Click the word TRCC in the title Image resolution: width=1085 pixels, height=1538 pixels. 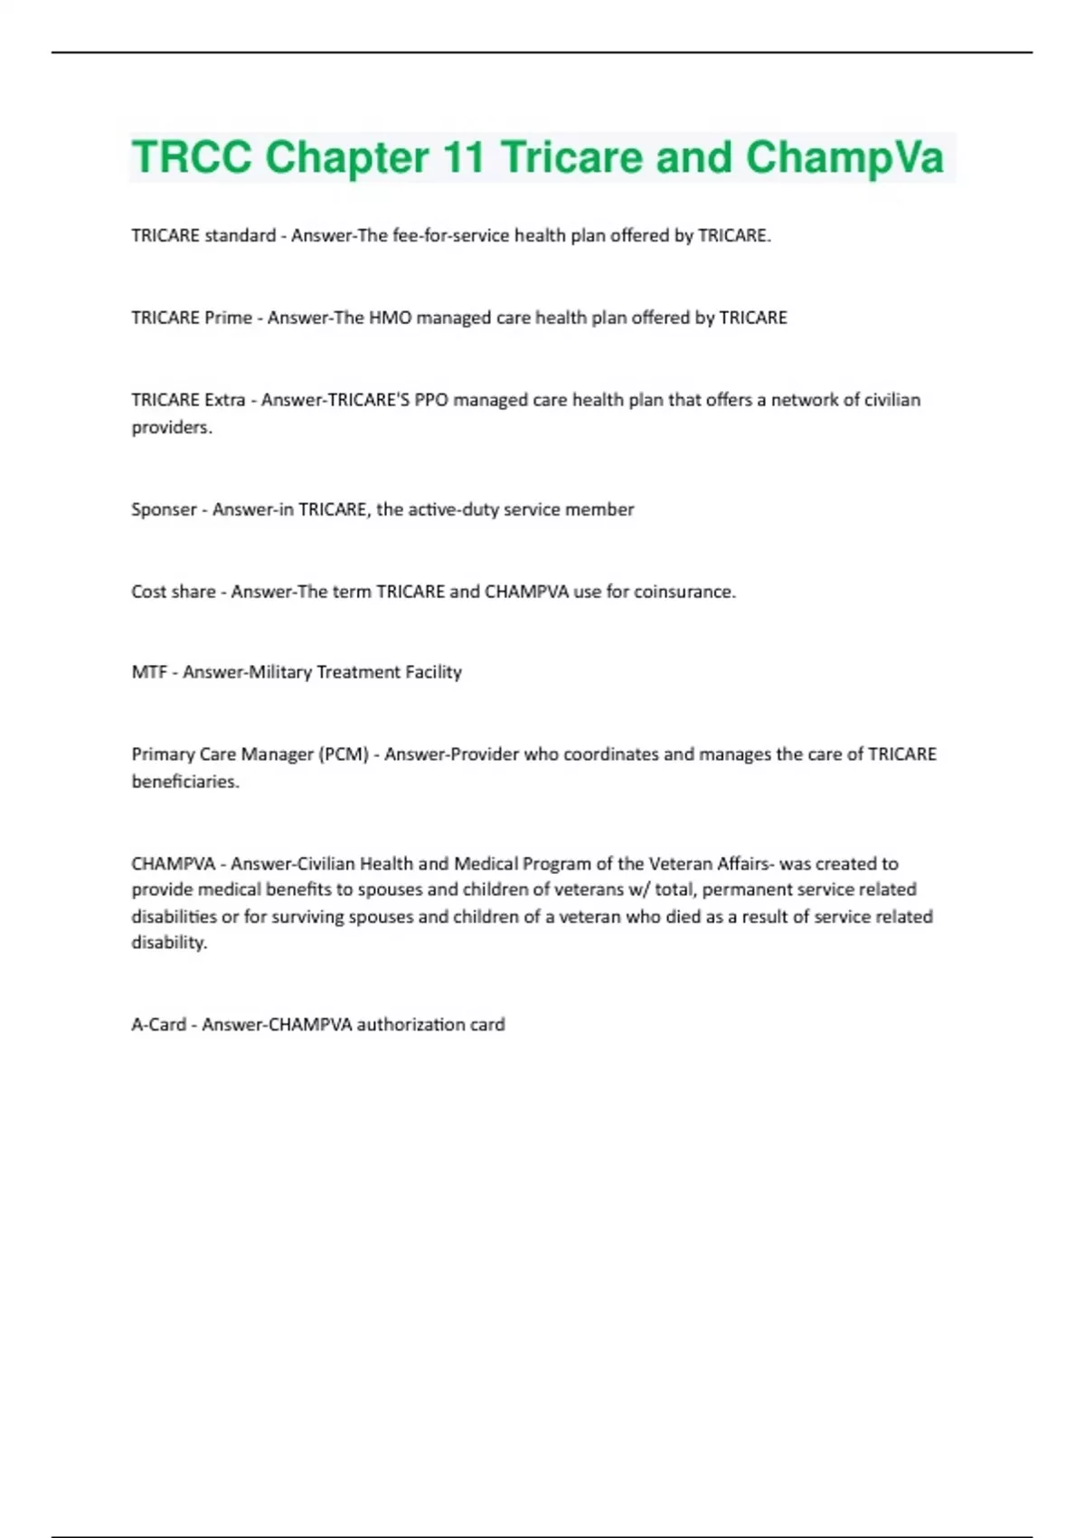coord(191,157)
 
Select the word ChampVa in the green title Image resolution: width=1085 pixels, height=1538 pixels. coord(844,157)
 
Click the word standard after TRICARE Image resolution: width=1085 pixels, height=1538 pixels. coord(240,236)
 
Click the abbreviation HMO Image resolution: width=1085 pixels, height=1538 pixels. coord(390,318)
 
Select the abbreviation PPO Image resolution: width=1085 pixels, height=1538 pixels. coord(431,400)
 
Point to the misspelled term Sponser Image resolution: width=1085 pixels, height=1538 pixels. coord(164,509)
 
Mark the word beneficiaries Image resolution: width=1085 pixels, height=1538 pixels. coord(185,782)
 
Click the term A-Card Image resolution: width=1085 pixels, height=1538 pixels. coord(158,1025)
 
